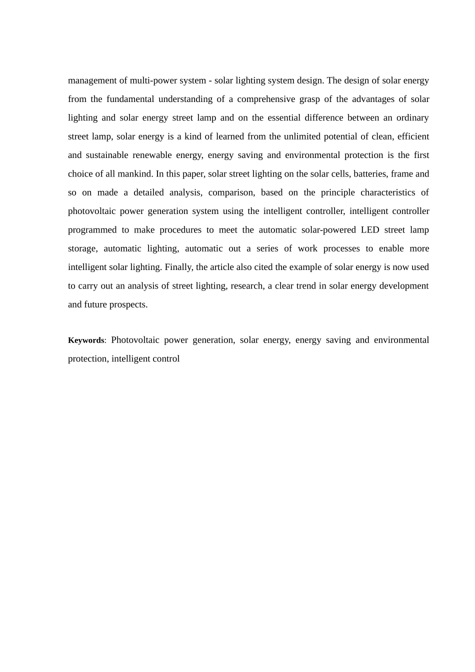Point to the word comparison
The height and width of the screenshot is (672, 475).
tap(231, 192)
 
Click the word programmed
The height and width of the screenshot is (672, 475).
tap(92, 230)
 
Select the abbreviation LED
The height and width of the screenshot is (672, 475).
tap(370, 230)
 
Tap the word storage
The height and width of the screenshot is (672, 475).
tap(82, 248)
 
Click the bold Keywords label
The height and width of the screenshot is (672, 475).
tap(86, 340)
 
